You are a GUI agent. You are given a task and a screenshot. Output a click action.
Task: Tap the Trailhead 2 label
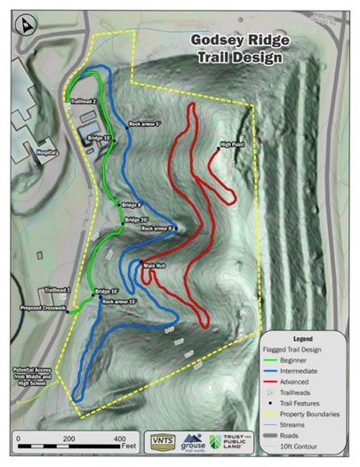(x=83, y=101)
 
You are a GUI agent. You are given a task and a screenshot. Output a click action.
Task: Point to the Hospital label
(x=47, y=152)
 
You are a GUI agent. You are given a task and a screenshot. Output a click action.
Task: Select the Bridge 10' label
(x=99, y=139)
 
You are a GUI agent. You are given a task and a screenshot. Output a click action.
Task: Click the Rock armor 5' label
(x=144, y=125)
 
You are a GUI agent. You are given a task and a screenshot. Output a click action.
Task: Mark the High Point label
(x=232, y=144)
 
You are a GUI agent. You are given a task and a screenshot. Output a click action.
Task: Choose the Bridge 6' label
(x=132, y=205)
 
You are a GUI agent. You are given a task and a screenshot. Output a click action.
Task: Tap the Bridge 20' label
(x=136, y=220)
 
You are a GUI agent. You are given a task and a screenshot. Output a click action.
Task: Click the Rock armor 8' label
(x=158, y=229)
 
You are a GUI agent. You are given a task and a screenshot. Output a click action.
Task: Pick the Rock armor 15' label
(x=119, y=302)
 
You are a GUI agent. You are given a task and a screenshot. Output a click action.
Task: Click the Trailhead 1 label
(x=56, y=291)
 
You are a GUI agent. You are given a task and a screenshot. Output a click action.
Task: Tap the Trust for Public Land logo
(x=227, y=443)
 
